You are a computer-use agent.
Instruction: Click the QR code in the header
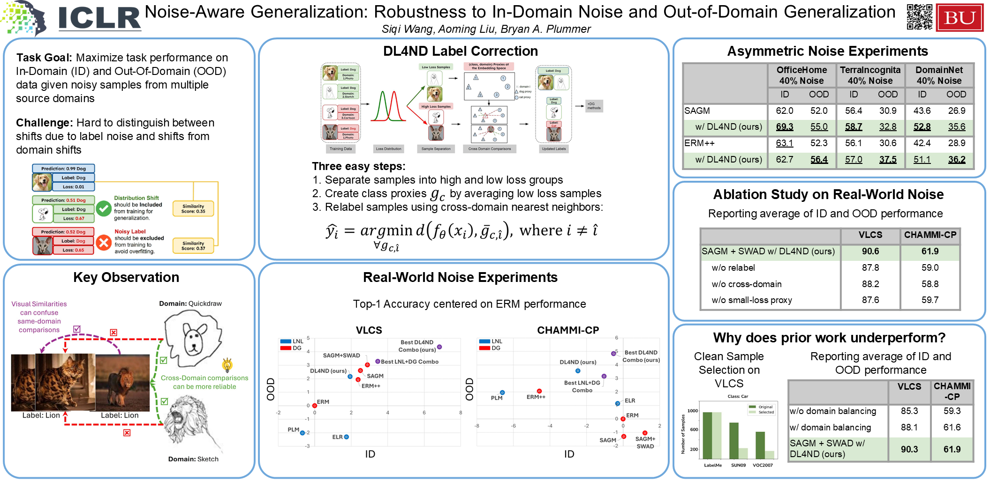pos(919,17)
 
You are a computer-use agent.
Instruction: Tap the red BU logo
pos(960,18)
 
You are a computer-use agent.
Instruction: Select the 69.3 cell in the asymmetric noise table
pos(784,127)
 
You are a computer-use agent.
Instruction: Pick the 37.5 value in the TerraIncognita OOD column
pos(887,160)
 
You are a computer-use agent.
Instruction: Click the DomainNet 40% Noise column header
pos(939,75)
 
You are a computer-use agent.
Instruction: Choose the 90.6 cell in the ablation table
pos(870,252)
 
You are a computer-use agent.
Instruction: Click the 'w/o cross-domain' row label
pos(747,284)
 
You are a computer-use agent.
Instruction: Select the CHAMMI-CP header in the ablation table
pos(930,235)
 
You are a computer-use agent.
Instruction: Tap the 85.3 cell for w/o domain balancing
pos(909,411)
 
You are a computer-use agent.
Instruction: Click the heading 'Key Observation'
pos(126,277)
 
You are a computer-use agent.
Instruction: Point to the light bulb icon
pos(227,364)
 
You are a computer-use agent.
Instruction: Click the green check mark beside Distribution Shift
pos(104,208)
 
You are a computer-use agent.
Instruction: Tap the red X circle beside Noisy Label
pos(104,242)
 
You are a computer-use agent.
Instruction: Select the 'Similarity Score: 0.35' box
pos(193,209)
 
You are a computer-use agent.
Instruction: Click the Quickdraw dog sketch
pos(192,338)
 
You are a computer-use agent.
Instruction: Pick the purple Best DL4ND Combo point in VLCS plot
pos(439,347)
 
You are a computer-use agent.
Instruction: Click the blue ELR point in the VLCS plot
pos(346,437)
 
